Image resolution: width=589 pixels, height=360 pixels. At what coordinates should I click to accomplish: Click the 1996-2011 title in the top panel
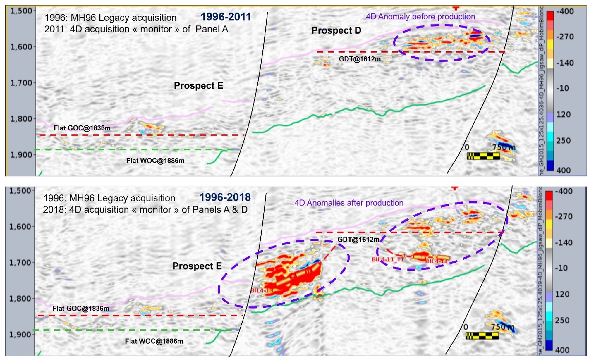tap(226, 17)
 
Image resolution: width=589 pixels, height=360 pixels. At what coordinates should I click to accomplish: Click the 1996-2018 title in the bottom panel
tap(225, 197)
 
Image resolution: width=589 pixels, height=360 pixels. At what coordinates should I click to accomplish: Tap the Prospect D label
tap(336, 30)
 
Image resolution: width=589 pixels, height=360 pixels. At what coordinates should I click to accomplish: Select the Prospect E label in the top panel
tap(198, 86)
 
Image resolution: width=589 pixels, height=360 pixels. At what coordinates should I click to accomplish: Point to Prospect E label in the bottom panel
tap(197, 266)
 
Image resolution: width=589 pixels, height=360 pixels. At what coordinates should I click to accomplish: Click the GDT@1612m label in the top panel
tap(360, 59)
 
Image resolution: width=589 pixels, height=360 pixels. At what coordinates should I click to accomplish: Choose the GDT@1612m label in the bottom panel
tap(358, 240)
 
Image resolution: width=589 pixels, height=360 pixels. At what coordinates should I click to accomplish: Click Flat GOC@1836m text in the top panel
tap(82, 128)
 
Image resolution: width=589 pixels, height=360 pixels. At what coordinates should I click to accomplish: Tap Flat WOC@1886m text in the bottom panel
tap(154, 341)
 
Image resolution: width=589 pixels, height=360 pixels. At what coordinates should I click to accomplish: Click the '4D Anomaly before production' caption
tap(420, 17)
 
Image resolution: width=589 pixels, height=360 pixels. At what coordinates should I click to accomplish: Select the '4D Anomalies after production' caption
tap(349, 203)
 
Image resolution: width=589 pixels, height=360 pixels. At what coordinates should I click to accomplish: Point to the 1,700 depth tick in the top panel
tap(21, 83)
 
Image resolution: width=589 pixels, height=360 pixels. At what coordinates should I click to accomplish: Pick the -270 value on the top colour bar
tap(565, 37)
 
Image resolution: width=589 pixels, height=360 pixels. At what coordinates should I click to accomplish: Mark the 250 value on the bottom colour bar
tap(563, 320)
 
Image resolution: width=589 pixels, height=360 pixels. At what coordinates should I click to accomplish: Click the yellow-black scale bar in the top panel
tap(483, 156)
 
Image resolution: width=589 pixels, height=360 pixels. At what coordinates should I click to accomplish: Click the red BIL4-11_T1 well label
tap(388, 260)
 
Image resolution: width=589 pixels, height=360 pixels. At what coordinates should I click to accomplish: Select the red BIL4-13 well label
tap(262, 291)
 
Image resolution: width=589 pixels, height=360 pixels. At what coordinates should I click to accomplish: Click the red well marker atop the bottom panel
tap(454, 188)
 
